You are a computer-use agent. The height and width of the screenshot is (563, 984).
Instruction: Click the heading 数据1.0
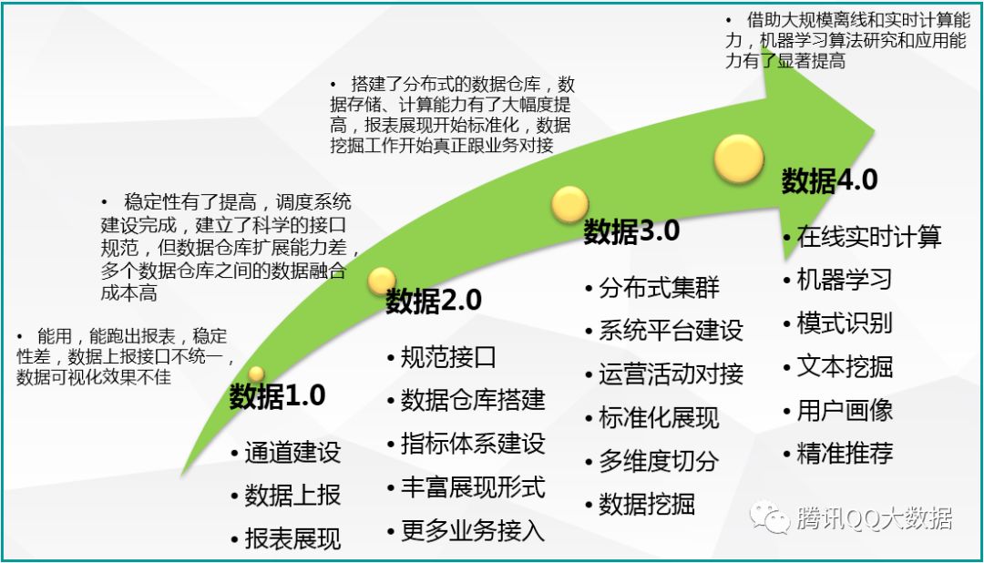[277, 396]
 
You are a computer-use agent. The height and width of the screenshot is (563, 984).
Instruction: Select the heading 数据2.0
[434, 301]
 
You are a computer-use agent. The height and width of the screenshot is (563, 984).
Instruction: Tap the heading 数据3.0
[632, 231]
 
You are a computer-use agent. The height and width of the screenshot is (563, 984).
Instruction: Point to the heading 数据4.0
[830, 180]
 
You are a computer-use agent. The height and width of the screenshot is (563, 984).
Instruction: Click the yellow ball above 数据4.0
[739, 159]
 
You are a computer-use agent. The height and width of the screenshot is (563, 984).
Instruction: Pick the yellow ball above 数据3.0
[569, 205]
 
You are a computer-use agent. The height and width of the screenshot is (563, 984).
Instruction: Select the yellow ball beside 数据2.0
[382, 281]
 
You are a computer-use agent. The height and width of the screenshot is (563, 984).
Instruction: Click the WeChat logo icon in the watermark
[769, 517]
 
